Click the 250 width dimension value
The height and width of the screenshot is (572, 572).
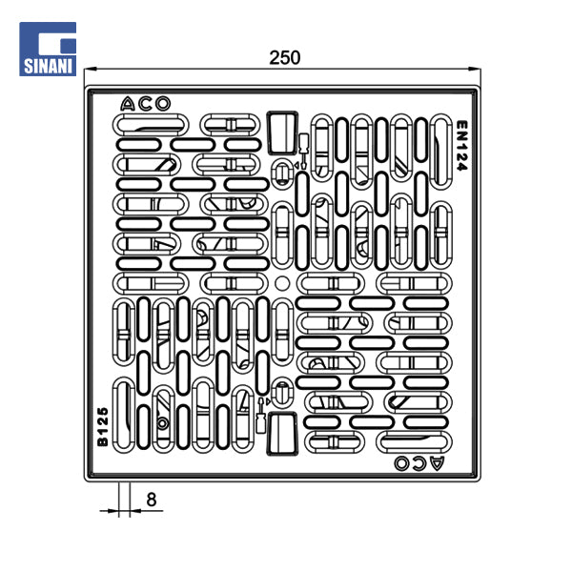point(284,57)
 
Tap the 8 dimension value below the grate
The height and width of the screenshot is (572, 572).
point(152,499)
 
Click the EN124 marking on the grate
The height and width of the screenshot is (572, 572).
point(460,145)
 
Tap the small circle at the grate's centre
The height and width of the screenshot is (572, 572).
point(282,283)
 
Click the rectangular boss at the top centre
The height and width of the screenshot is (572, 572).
point(281,131)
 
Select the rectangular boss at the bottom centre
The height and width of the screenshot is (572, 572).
point(281,435)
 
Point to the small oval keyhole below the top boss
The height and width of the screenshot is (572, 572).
point(282,173)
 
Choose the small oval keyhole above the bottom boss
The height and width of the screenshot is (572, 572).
point(282,391)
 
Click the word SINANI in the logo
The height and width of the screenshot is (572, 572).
point(48,66)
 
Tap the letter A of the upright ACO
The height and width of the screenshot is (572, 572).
point(129,104)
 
